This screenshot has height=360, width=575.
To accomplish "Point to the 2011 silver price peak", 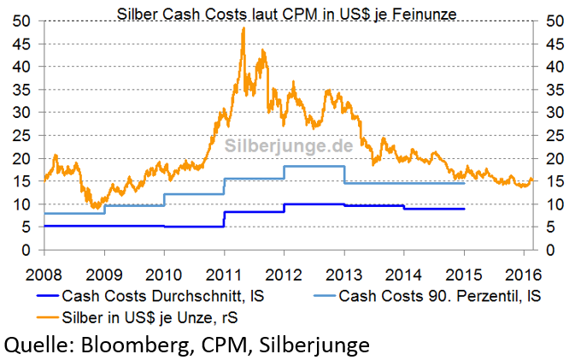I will (x=243, y=29).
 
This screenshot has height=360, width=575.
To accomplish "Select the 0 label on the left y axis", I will (x=27, y=251).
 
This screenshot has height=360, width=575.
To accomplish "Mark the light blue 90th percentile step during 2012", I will (x=314, y=167).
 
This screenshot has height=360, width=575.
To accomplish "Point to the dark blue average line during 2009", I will (x=133, y=226).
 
